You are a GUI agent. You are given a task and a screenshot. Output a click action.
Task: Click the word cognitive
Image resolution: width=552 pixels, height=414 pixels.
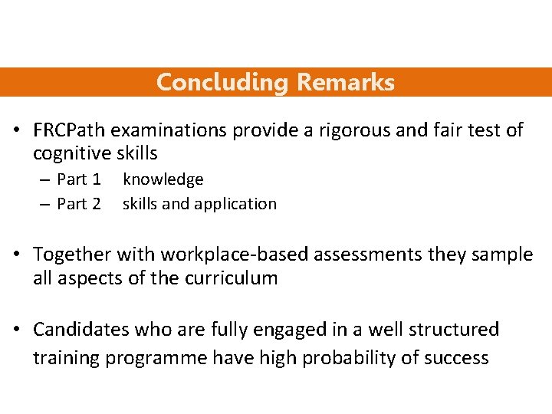[71, 153]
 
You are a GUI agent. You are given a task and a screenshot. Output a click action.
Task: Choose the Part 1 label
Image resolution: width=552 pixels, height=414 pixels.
[79, 179]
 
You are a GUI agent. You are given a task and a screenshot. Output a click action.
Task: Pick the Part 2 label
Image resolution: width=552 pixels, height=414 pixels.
[79, 204]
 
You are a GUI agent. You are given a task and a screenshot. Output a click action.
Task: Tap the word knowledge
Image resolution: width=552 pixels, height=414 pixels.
[163, 179]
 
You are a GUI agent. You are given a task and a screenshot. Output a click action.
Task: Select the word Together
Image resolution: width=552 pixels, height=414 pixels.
[72, 254]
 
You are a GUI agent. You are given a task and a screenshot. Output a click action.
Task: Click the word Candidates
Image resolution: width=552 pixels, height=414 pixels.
[80, 330]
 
